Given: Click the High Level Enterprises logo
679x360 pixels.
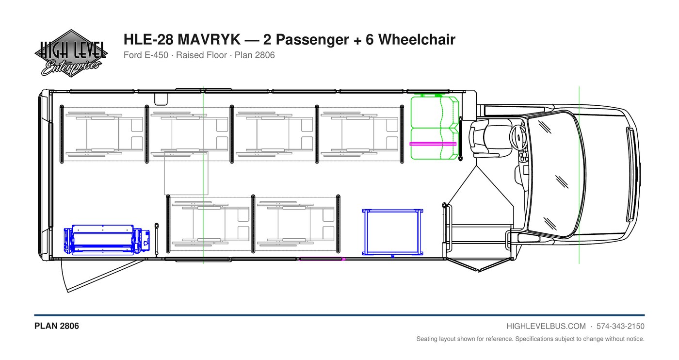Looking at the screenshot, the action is tap(71, 53).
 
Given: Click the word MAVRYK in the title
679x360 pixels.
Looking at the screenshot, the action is tap(209, 39).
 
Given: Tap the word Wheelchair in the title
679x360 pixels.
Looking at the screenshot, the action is tap(417, 39).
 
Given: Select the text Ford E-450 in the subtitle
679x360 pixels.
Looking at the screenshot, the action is tap(146, 55).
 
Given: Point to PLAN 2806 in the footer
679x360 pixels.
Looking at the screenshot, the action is tap(57, 326).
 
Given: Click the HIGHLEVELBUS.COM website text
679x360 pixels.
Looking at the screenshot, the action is tap(546, 327).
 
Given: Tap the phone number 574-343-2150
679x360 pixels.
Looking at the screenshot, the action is tap(620, 327).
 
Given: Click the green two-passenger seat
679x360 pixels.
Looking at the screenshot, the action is tap(435, 128).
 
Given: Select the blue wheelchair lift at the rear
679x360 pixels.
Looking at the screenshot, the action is tap(107, 239).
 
